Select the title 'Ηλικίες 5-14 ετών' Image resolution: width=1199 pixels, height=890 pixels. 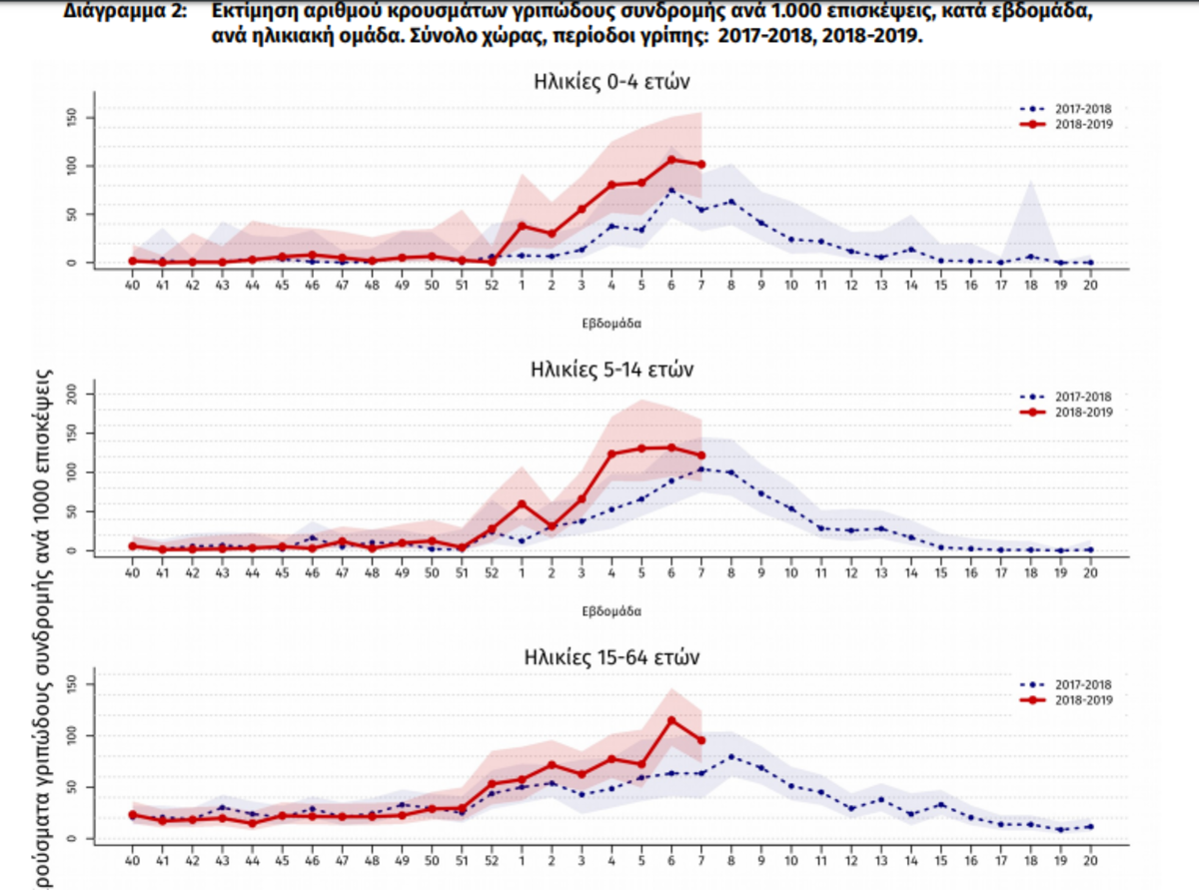(x=610, y=370)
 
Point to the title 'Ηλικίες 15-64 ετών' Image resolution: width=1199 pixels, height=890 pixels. (x=610, y=658)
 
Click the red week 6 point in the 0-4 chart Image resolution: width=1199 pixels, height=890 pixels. (x=671, y=160)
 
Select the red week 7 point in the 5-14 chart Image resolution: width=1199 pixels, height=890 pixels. (x=701, y=456)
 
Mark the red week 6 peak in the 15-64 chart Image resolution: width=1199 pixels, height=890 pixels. (x=671, y=720)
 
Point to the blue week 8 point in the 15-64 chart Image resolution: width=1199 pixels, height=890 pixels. (x=731, y=756)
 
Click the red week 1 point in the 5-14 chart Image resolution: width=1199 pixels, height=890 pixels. (x=522, y=503)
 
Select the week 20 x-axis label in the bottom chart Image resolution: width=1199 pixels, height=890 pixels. (x=1090, y=861)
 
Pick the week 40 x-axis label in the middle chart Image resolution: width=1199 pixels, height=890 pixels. (x=132, y=573)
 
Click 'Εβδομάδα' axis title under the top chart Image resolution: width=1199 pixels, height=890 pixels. (x=610, y=324)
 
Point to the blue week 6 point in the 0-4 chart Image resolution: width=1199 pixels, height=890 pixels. (x=671, y=191)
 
